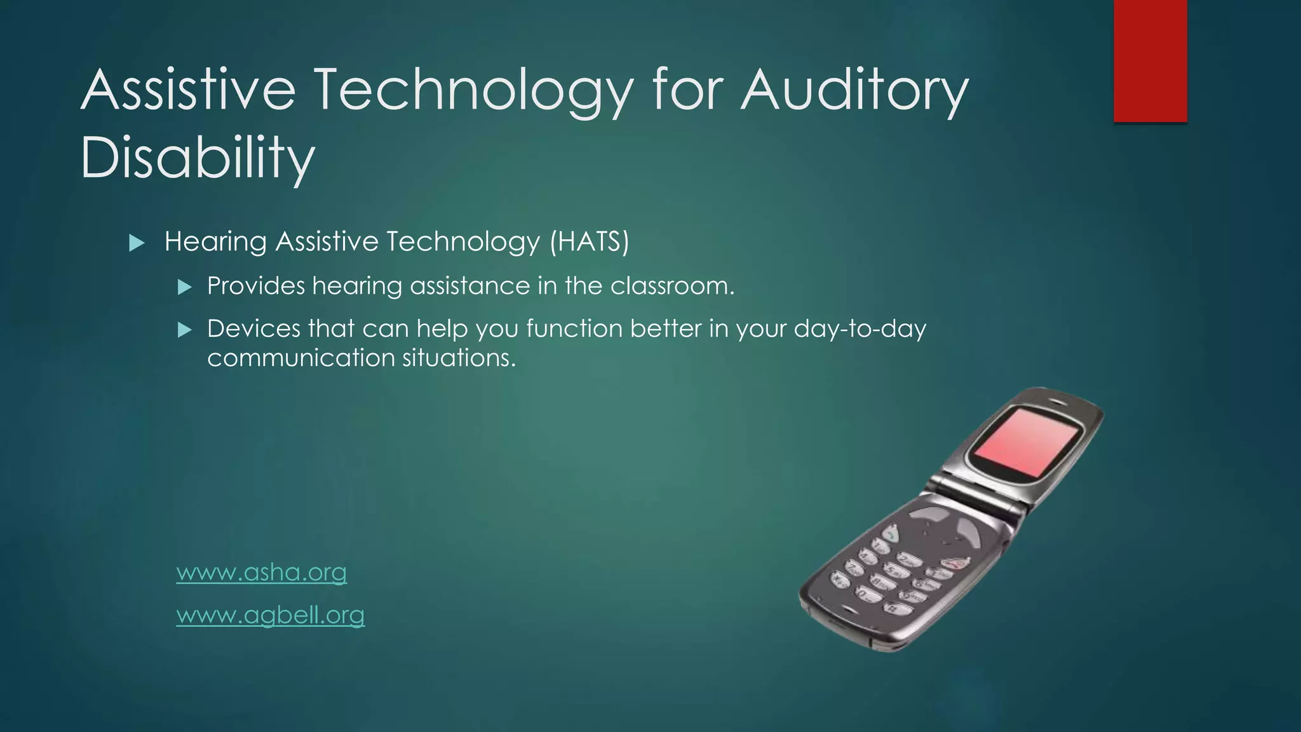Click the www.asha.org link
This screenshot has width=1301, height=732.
click(261, 573)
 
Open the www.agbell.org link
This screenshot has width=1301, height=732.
click(270, 615)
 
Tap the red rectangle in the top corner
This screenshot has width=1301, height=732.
click(1150, 60)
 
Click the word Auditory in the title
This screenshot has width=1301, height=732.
click(854, 90)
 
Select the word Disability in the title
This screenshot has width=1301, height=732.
click(198, 157)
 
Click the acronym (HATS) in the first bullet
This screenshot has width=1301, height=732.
click(589, 241)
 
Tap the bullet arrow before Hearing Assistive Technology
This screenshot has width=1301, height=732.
click(137, 243)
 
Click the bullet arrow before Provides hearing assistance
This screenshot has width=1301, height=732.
click(184, 287)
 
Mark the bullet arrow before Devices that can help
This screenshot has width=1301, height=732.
click(184, 330)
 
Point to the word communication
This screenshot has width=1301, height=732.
click(301, 358)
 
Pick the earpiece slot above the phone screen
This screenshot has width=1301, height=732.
click(1058, 402)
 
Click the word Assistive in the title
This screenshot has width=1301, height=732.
click(188, 90)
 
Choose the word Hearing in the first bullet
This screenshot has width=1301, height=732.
click(215, 241)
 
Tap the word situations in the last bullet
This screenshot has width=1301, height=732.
click(459, 358)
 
